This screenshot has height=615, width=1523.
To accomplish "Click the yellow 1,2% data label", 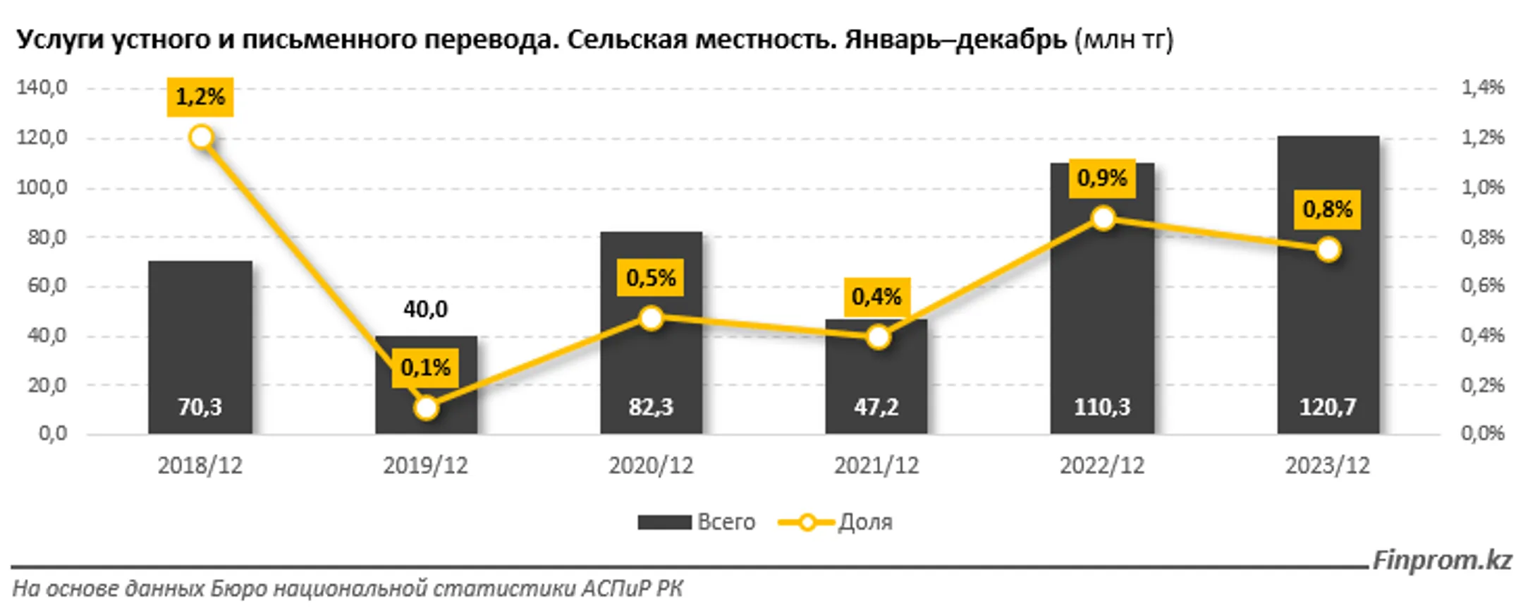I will coord(200,97).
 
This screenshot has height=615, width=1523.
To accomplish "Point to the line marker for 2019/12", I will coord(426,408).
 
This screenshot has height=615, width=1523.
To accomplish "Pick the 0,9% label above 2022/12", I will coord(1101,178).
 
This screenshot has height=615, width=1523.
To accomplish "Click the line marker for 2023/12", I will coord(1328,250).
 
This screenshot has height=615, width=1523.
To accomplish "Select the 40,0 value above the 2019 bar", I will coord(425,309).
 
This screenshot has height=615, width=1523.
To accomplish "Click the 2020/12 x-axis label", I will coord(651,465).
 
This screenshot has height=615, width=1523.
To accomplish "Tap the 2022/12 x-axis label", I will coord(1101,465).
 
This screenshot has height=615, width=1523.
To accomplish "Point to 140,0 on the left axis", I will coord(42,87).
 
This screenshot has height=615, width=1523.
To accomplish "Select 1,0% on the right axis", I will coord(1482,188).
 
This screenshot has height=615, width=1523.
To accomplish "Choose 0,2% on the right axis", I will coord(1482,385).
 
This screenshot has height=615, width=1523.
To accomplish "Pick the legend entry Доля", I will coord(864,522).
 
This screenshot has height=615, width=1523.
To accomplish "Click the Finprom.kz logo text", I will coord(1442,560).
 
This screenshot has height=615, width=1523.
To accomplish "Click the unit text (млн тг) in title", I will coord(1123,39).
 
